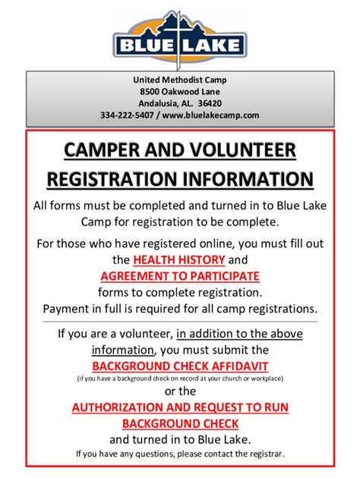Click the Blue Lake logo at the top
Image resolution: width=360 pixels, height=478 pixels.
(x=179, y=36)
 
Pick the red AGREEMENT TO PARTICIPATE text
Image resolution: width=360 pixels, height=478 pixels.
(x=179, y=276)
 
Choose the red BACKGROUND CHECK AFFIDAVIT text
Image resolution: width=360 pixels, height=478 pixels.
(x=180, y=365)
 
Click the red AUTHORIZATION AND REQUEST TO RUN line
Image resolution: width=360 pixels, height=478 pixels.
(x=180, y=407)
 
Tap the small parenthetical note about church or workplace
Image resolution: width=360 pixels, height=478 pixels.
(x=180, y=378)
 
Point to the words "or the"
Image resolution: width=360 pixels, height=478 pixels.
(x=180, y=392)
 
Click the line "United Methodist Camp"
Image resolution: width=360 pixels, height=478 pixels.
(x=180, y=80)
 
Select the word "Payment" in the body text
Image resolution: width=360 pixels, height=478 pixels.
(x=66, y=308)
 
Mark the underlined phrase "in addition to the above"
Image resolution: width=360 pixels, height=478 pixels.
(x=239, y=334)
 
